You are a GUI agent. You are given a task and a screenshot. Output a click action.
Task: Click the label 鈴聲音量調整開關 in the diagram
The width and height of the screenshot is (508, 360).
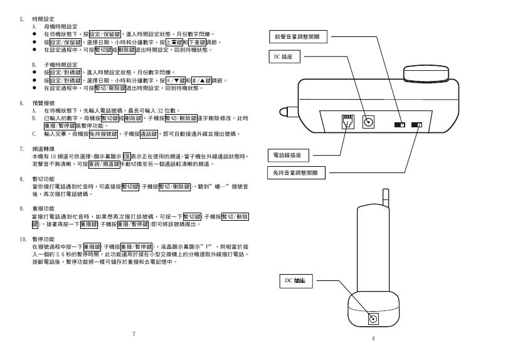(x=297, y=37)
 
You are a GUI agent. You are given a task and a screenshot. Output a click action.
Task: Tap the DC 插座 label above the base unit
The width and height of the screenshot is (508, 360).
(x=280, y=57)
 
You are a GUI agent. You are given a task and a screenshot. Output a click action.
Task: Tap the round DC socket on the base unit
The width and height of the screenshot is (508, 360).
(x=369, y=122)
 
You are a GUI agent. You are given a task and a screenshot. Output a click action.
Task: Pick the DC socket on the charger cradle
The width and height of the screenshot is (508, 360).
(x=374, y=319)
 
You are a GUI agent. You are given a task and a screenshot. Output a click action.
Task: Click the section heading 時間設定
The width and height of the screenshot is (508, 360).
(x=41, y=19)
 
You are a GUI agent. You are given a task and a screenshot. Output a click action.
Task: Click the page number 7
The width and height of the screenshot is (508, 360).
(x=134, y=333)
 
